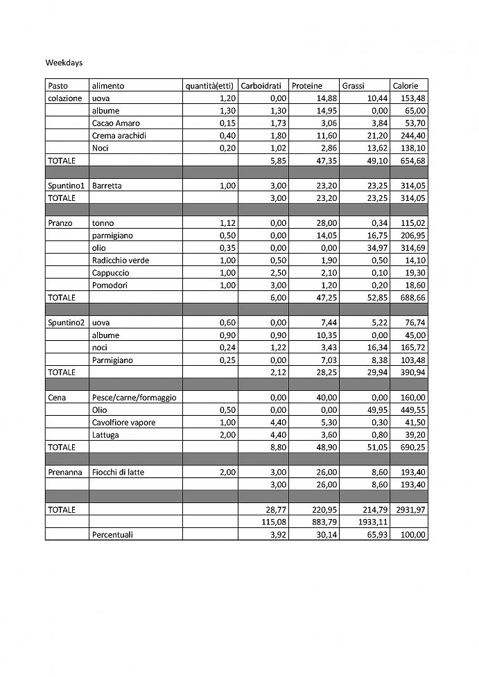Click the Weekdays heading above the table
[64, 62]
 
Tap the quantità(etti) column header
[209, 86]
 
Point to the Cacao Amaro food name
[116, 123]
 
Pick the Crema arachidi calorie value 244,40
[413, 136]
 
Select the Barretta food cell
[107, 186]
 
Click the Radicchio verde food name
[120, 261]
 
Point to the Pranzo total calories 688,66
[413, 297]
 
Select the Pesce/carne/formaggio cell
[134, 398]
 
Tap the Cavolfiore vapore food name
[123, 423]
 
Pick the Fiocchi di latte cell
[118, 473]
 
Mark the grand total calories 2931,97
[411, 509]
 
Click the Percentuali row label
[112, 535]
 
